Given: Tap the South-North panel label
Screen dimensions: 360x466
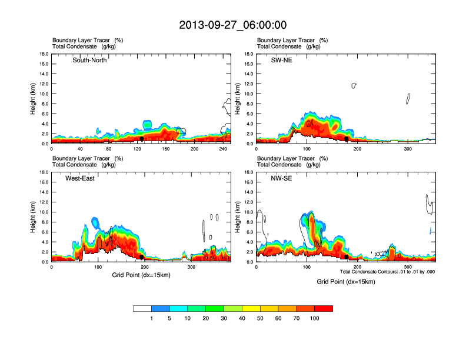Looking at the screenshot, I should tap(89, 60).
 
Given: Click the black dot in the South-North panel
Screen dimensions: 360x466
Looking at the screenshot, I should tap(142, 139).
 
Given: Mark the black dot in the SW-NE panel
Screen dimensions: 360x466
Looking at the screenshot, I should tap(347, 139).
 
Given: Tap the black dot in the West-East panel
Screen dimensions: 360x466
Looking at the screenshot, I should tap(142, 257).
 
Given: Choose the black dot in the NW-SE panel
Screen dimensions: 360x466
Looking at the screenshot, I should tap(346, 257).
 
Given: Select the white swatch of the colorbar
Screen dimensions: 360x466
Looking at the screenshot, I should tap(142, 308).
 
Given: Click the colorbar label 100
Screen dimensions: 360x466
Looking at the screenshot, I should tap(315, 318).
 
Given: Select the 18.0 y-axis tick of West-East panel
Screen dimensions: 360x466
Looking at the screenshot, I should tap(43, 172).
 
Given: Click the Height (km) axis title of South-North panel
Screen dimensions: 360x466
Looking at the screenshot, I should tap(34, 99).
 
